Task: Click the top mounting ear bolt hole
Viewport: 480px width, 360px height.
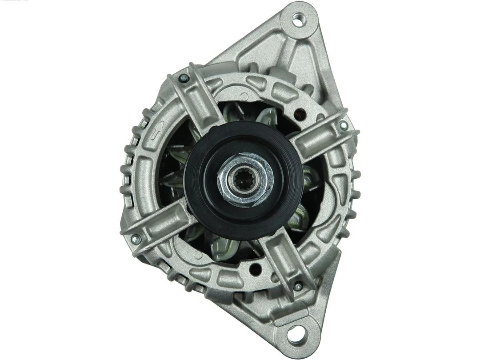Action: [297, 19]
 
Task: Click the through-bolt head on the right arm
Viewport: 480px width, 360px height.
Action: [344, 125]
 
